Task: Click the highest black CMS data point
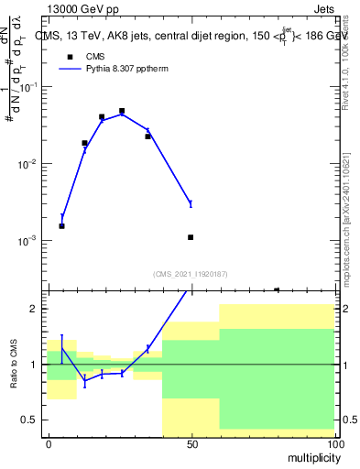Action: pos(122,111)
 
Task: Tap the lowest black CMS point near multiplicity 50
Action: pos(191,237)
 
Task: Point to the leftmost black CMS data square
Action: pos(61,225)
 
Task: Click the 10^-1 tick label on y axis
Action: pos(29,87)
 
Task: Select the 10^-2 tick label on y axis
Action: pos(29,164)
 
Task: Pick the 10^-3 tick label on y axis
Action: pos(29,241)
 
